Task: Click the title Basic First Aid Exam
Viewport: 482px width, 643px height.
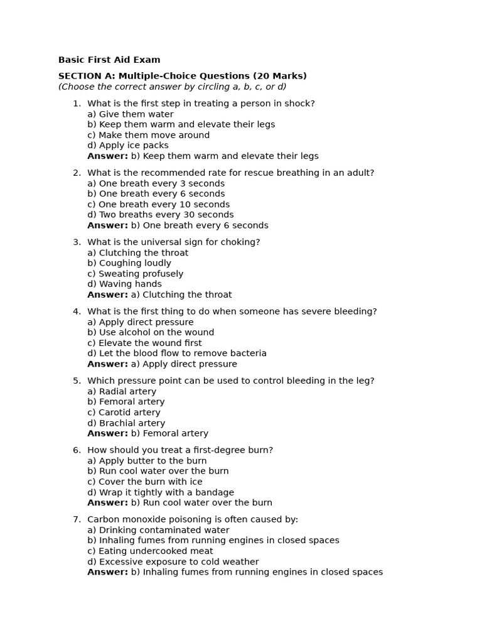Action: [109, 60]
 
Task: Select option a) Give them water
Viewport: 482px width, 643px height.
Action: [131, 114]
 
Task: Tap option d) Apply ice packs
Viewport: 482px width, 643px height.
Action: [128, 145]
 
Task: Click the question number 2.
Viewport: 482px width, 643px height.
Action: [77, 173]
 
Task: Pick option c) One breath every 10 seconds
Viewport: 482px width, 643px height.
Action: [158, 204]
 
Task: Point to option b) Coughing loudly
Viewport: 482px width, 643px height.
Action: [129, 263]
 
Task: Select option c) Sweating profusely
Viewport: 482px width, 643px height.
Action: [136, 274]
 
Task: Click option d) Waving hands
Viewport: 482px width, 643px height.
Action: [124, 284]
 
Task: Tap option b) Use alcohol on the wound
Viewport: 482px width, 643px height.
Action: [151, 332]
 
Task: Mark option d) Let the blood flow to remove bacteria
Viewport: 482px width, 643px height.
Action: [177, 354]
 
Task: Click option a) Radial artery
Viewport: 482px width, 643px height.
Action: [122, 391]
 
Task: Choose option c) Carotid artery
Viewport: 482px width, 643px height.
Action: [124, 413]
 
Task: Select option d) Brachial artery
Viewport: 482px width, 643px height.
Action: [126, 423]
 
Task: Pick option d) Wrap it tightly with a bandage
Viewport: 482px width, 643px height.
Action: [161, 492]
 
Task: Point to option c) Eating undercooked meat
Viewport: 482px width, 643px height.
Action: [150, 551]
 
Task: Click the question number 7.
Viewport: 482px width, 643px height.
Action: [77, 519]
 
